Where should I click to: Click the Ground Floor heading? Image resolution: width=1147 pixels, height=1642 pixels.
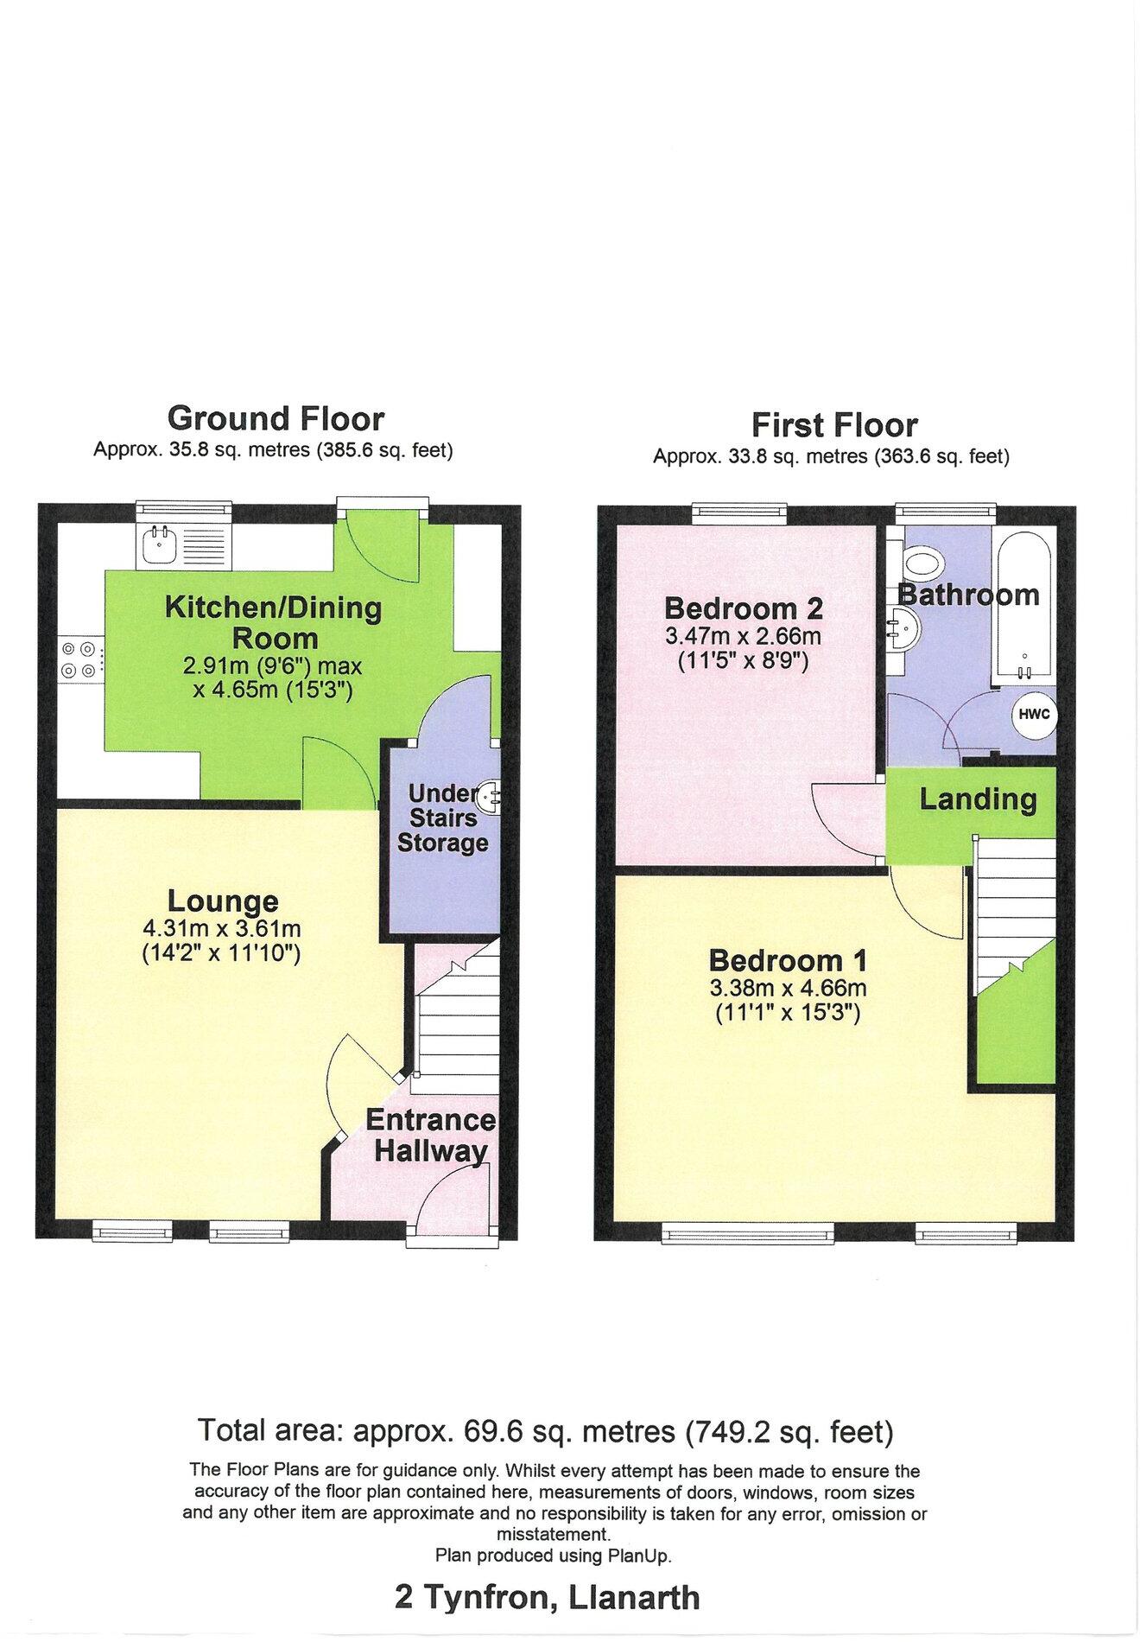[275, 419]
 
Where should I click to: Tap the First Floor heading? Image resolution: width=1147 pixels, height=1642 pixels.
[833, 425]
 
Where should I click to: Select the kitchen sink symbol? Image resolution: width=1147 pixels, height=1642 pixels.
[160, 544]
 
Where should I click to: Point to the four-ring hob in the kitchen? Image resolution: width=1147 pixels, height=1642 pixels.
[79, 659]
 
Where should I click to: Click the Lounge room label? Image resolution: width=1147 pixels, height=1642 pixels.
[223, 901]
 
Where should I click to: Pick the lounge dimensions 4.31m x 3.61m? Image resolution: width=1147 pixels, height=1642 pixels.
[223, 930]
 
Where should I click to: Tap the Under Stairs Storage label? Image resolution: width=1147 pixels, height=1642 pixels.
[442, 818]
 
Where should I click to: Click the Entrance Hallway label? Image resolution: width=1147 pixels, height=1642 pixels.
[430, 1135]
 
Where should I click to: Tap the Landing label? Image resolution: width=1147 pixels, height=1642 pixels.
[977, 799]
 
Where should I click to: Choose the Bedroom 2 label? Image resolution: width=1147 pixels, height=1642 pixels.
[744, 608]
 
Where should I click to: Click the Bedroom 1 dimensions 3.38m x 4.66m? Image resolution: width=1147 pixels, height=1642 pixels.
[788, 989]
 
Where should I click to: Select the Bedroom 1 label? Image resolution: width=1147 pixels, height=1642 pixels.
[788, 960]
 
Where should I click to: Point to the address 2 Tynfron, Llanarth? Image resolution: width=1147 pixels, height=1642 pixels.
[547, 1598]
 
